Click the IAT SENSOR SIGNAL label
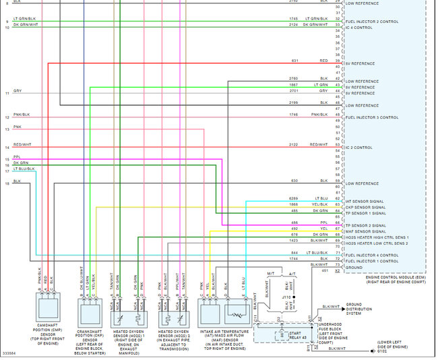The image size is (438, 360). click(365, 201)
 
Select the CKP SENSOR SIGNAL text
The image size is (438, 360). click(365, 207)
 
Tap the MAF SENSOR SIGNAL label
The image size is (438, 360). click(365, 231)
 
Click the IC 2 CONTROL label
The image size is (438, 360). click(358, 147)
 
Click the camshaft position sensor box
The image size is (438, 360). click(49, 306)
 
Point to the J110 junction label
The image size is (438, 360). click(286, 296)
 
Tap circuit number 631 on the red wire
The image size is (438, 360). click(294, 61)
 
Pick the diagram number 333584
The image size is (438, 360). click(10, 353)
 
